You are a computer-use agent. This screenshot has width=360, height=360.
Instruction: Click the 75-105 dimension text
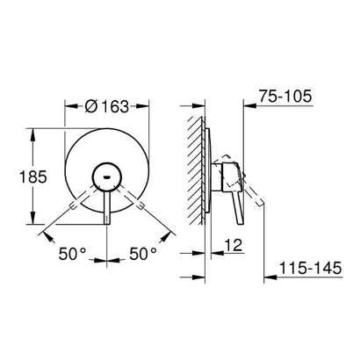(x=288, y=98)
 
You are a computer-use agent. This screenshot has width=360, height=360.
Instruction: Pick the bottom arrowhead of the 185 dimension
(x=32, y=221)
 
